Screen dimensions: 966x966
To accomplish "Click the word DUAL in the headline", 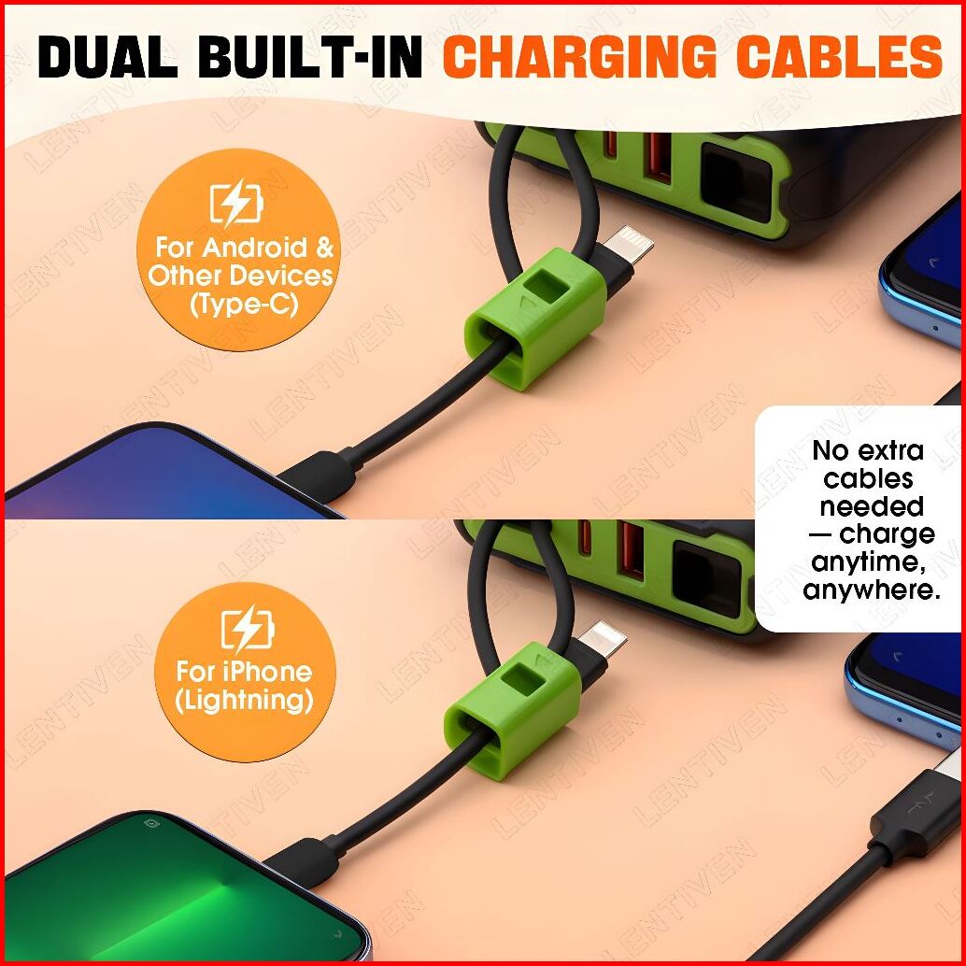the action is click(107, 58).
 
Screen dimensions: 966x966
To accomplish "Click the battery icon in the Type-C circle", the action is click(236, 203).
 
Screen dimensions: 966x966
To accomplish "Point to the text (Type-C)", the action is click(243, 304).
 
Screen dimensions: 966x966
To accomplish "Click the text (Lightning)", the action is click(244, 701).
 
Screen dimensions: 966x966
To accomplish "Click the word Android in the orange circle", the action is click(255, 248).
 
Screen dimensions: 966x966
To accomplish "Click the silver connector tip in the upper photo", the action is click(629, 245).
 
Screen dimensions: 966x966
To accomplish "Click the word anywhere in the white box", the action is click(871, 590).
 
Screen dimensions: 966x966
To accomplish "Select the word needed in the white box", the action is click(871, 506).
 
